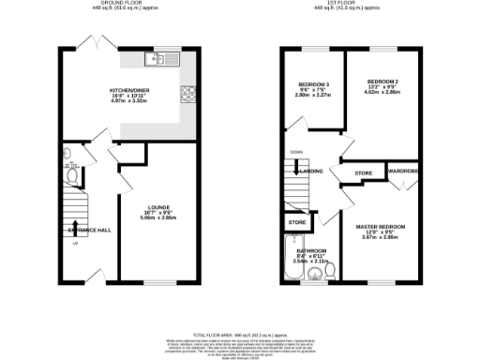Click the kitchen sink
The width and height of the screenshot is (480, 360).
[162, 60]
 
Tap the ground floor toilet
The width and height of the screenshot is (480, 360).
[70, 173]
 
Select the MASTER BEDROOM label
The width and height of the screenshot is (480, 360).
[380, 227]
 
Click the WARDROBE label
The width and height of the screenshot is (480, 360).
[403, 172]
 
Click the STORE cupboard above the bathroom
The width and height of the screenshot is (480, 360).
[297, 223]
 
